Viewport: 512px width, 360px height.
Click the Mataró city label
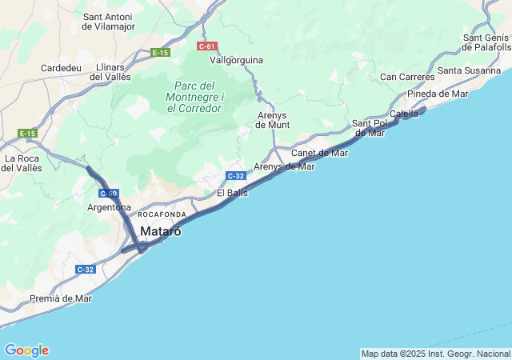(x=161, y=231)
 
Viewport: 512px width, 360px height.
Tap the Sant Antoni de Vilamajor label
(x=108, y=22)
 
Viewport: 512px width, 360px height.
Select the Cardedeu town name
(x=61, y=68)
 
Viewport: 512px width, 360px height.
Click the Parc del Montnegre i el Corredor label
(x=195, y=97)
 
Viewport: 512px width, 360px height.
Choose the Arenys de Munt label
(x=273, y=120)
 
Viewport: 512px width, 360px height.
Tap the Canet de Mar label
(x=319, y=153)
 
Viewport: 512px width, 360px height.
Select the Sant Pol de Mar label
(x=370, y=128)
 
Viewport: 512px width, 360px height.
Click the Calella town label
(x=404, y=114)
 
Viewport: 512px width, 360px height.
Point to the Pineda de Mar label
(x=438, y=94)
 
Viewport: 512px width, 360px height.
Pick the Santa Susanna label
(x=468, y=70)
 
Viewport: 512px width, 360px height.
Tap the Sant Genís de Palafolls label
(x=486, y=42)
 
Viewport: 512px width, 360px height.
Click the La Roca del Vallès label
(x=22, y=163)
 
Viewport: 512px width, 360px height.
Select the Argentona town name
(x=109, y=208)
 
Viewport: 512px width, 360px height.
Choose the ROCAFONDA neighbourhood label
(x=162, y=215)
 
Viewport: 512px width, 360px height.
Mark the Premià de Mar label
(x=61, y=298)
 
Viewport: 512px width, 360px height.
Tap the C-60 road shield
(x=109, y=194)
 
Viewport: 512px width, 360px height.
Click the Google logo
(x=26, y=350)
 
